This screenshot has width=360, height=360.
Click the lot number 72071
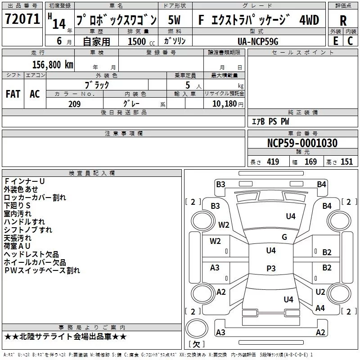22,20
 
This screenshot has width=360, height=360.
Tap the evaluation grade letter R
343,21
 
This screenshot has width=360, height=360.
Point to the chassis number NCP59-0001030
302,143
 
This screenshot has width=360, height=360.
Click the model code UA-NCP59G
258,41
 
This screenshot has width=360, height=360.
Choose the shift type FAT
13,94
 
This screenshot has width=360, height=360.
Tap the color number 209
74,104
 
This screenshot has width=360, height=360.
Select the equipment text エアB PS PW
270,122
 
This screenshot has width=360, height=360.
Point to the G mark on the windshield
284,237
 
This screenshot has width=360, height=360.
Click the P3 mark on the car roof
271,269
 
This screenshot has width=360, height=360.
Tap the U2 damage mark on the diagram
320,292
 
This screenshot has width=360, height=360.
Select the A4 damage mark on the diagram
320,308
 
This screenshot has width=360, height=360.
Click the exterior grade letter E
336,41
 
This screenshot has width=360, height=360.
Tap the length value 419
273,162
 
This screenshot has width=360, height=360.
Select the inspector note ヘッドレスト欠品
31,255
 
